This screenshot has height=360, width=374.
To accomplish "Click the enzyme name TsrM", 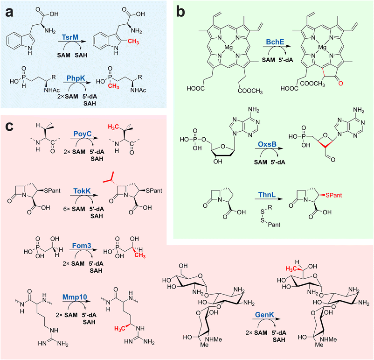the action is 71,37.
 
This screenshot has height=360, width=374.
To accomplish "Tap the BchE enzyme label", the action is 275,42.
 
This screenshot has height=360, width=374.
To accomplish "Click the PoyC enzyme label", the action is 83,134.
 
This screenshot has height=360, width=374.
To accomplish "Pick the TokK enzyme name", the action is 82,191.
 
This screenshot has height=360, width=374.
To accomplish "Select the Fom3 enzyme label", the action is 82,246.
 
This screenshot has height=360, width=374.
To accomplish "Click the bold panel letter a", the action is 9,13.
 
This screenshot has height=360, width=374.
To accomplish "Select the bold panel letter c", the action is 9,126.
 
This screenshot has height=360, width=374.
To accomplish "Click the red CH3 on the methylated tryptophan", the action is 133,42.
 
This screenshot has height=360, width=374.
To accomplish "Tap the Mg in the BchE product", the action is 322,48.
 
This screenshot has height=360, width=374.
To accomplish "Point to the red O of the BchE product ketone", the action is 340,83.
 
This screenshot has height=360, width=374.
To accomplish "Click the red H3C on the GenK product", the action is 292,269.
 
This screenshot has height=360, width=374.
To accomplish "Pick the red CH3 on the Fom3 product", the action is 140,255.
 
